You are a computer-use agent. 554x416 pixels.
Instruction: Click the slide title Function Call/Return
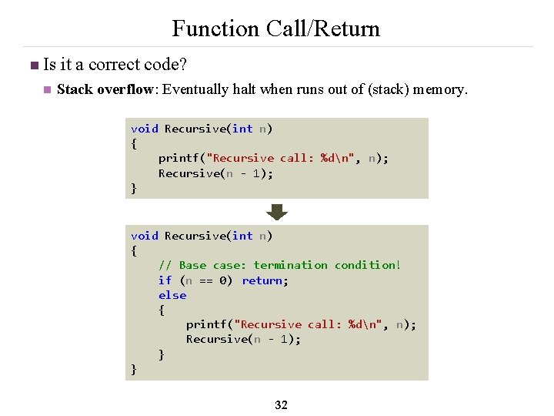[x=275, y=29]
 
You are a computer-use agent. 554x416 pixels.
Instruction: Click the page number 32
[x=281, y=404]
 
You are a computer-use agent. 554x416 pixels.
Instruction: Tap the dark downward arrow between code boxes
[x=277, y=212]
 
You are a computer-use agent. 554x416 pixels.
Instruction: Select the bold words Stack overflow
[x=105, y=89]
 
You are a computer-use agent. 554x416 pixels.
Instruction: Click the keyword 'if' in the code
[x=165, y=280]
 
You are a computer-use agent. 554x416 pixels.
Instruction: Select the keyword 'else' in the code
[x=172, y=295]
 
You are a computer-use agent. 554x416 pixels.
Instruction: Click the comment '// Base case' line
[x=279, y=265]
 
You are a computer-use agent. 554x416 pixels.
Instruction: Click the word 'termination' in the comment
[x=290, y=265]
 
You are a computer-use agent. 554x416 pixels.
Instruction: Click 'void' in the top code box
[x=145, y=129]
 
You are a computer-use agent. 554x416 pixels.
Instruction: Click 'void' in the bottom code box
[x=145, y=236]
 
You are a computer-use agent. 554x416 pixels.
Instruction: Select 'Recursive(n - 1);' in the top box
[x=215, y=173]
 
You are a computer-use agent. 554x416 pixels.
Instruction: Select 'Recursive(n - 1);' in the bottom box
[x=243, y=339]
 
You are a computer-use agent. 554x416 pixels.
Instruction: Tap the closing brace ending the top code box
[x=134, y=188]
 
